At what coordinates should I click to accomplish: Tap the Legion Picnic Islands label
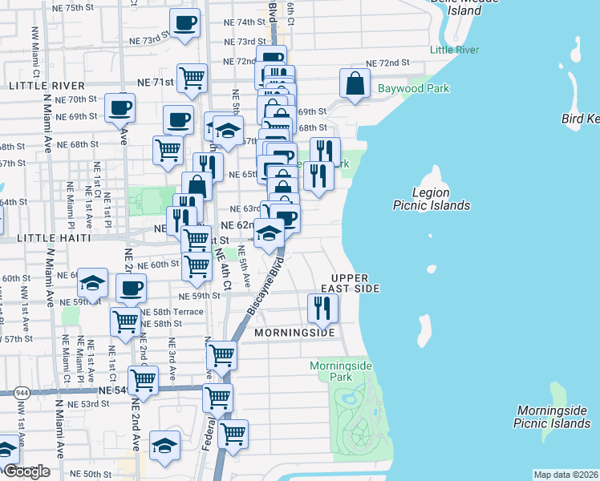[x=431, y=199]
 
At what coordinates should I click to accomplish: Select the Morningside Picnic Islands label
[x=553, y=416]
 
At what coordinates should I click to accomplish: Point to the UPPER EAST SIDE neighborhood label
[x=350, y=281]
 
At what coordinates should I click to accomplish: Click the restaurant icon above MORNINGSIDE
[x=322, y=308]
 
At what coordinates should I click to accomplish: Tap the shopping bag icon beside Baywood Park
[x=355, y=83]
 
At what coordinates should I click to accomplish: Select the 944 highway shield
[x=19, y=392]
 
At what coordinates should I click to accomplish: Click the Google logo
[x=26, y=472]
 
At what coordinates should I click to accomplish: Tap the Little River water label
[x=455, y=50]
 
